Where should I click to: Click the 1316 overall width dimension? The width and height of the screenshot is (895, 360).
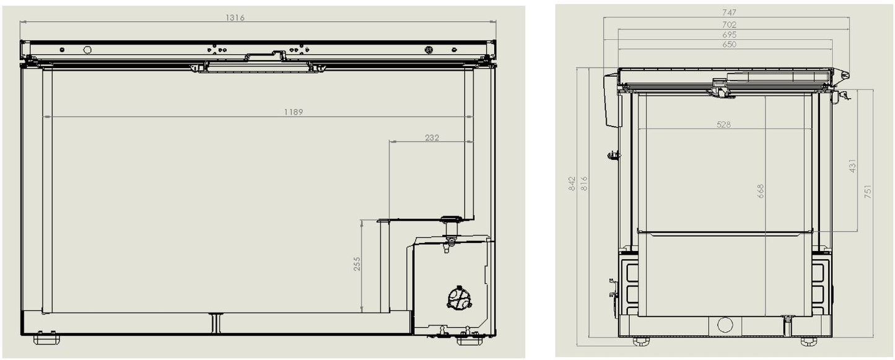235,18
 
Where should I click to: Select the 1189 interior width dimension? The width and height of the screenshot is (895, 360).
294,112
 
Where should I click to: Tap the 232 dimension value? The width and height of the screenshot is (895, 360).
432,138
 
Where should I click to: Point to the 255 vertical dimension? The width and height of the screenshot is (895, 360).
357,264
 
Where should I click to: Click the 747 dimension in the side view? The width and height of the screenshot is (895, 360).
729,12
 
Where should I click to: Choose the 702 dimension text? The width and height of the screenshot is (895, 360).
729,25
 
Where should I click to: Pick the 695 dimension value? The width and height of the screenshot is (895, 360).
729,35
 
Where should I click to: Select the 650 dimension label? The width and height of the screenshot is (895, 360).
729,45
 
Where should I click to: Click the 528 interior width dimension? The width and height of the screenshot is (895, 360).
723,125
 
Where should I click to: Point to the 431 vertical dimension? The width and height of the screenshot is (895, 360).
852,167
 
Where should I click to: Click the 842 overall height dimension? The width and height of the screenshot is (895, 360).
572,183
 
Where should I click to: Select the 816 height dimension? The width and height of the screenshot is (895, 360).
583,183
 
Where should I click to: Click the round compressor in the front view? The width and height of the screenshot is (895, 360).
459,297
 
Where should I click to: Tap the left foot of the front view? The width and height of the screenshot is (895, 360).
45,338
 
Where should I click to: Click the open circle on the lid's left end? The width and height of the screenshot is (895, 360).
87,50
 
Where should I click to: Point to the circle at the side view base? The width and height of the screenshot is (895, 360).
725,324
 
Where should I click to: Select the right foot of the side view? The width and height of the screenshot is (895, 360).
809,341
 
